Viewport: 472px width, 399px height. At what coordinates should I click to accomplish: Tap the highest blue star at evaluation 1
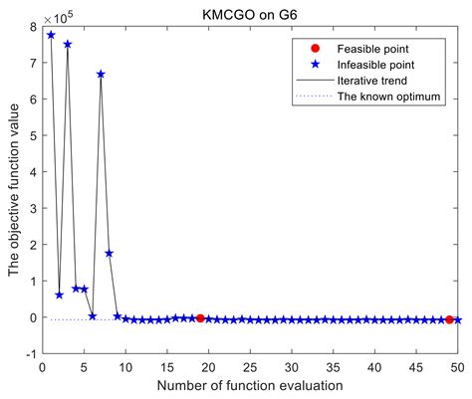pyautogui.click(x=51, y=35)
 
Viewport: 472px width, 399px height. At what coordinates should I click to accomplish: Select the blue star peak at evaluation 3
pyautogui.click(x=68, y=44)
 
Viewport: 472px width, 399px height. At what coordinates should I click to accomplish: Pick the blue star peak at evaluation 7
pyautogui.click(x=101, y=75)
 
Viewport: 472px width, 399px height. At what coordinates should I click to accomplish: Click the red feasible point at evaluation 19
pyautogui.click(x=200, y=318)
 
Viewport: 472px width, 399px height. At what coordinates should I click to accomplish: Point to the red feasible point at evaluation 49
pyautogui.click(x=450, y=319)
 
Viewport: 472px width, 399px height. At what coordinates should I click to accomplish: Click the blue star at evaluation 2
pyautogui.click(x=59, y=295)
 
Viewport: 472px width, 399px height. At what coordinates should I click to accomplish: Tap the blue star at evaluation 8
pyautogui.click(x=109, y=253)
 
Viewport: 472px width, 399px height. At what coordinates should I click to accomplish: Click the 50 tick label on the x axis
pyautogui.click(x=458, y=366)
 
